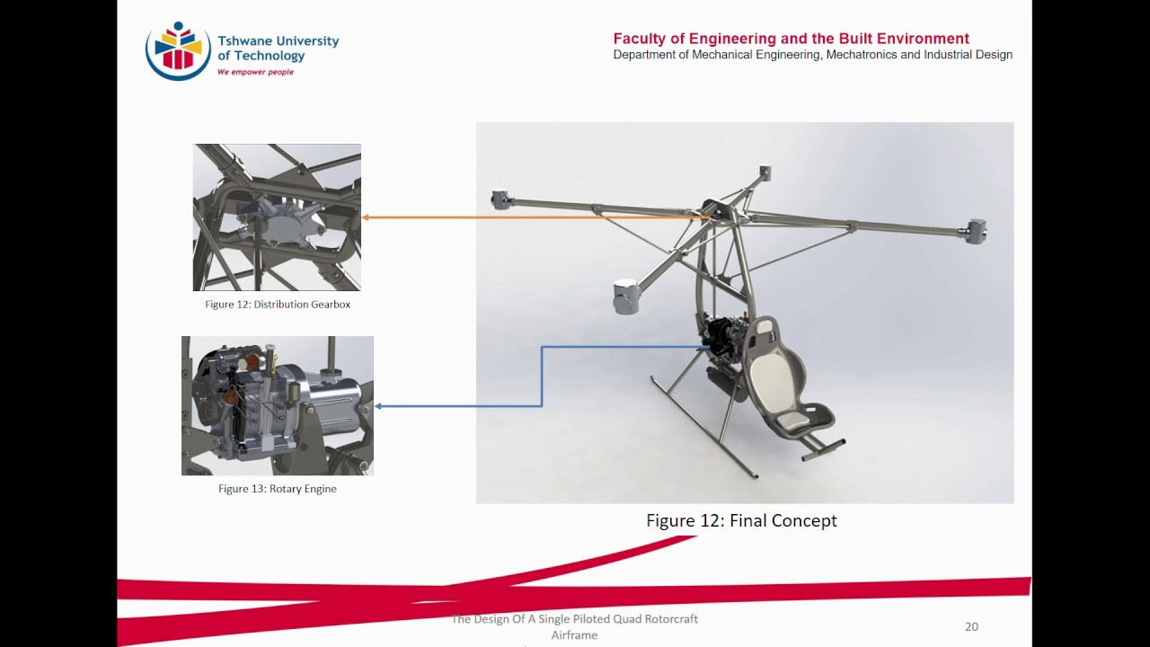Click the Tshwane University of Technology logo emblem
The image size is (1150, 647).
178,50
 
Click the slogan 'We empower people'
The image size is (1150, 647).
255,72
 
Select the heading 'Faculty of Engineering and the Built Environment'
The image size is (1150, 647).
791,39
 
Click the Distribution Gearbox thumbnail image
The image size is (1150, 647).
277,217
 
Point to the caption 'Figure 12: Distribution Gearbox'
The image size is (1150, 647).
278,305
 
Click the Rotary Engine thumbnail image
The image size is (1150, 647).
277,405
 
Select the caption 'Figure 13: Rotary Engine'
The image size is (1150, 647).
278,489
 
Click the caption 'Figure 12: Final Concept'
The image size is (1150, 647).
741,520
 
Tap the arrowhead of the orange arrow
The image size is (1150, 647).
366,217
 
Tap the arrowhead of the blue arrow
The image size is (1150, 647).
379,406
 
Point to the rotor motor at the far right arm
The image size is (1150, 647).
976,231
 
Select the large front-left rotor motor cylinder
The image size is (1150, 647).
626,296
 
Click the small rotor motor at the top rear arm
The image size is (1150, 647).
765,172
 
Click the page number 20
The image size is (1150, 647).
971,626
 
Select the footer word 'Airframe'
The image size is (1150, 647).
574,635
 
